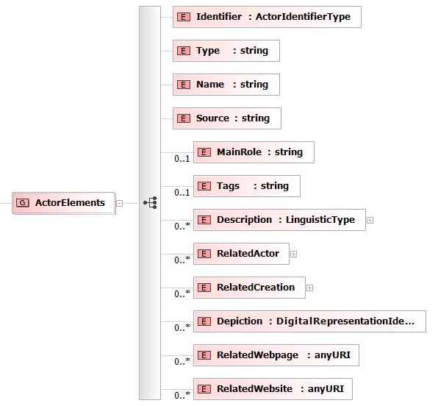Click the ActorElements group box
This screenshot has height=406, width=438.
(64, 203)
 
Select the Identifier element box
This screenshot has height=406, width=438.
(267, 17)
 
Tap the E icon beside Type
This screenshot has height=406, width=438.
(184, 51)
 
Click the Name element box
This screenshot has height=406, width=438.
(226, 85)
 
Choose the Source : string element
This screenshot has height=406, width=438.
(227, 118)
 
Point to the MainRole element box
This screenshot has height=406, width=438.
(254, 152)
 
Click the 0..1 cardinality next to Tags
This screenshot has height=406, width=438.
(182, 193)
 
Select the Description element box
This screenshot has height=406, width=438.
(279, 220)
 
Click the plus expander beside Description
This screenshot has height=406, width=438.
(370, 221)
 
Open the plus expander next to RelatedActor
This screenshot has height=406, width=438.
(293, 254)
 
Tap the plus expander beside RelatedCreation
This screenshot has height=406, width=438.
(309, 288)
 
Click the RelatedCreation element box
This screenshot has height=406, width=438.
(249, 288)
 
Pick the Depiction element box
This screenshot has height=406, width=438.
(310, 321)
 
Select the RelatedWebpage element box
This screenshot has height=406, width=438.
(276, 355)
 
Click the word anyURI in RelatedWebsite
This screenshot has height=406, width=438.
(326, 388)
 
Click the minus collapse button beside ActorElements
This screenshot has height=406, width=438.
(119, 203)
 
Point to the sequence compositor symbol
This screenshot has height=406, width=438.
(150, 203)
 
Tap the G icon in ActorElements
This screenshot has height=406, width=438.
(23, 203)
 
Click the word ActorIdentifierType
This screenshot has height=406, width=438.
(303, 17)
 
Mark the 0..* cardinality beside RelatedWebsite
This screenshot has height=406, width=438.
(182, 395)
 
